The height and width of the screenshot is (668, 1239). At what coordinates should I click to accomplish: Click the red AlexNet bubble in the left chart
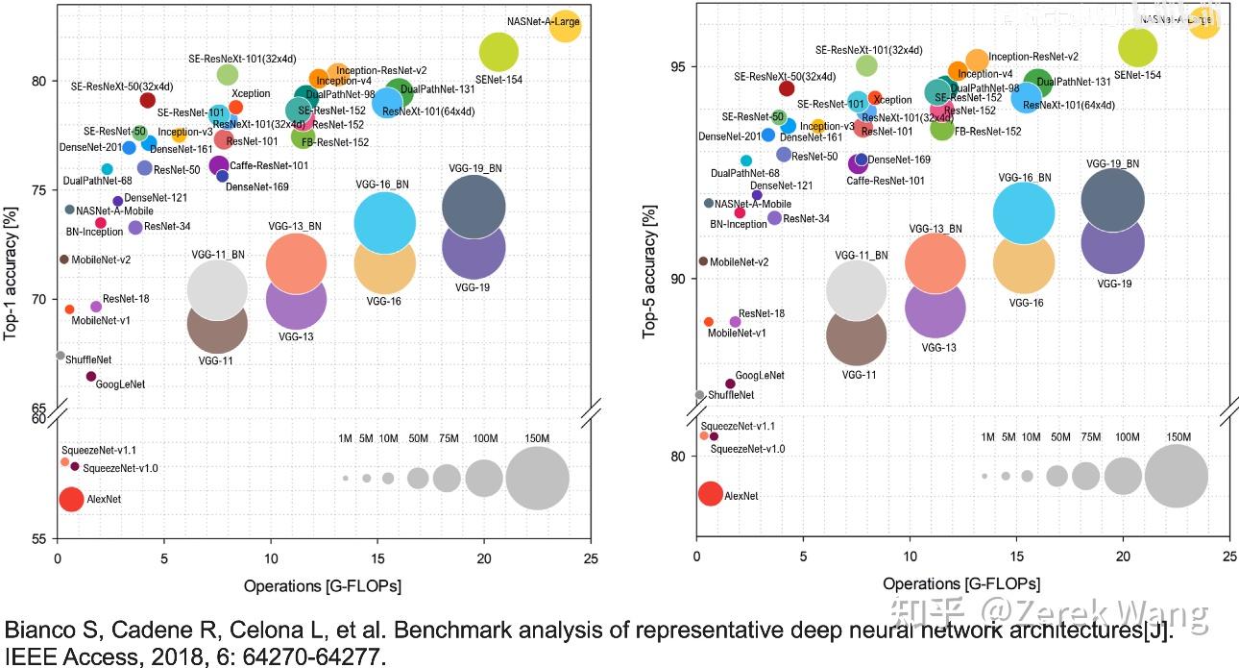[x=71, y=499]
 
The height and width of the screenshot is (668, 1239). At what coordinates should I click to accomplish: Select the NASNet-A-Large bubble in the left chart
[x=565, y=27]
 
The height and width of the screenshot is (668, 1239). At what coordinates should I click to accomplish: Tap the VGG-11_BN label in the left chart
[x=218, y=255]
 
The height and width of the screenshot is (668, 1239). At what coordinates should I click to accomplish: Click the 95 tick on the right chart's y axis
[x=678, y=66]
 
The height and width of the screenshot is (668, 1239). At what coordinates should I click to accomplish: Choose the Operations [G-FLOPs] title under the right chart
[x=961, y=583]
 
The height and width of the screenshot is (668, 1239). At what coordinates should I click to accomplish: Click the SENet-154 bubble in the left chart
[x=498, y=51]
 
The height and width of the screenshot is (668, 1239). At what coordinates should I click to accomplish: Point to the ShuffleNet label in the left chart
[x=88, y=359]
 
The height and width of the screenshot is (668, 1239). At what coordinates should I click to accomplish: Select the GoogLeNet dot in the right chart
[x=730, y=383]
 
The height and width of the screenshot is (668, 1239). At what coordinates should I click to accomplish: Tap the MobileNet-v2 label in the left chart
[x=101, y=260]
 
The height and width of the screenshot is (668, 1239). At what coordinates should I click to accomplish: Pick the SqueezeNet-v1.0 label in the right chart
[x=747, y=449]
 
